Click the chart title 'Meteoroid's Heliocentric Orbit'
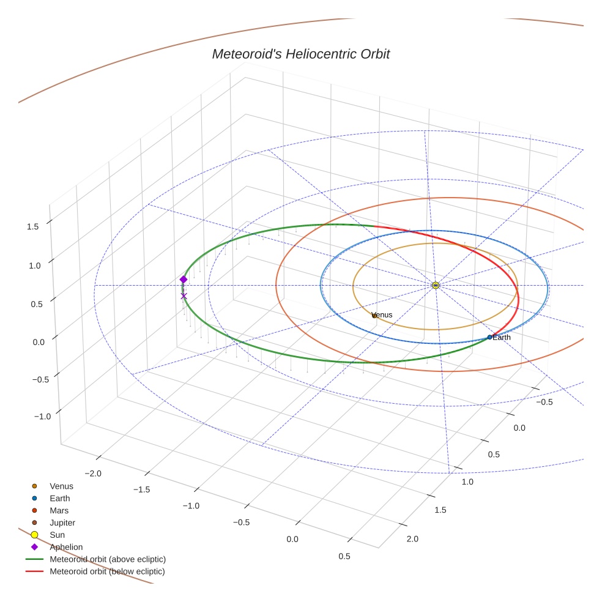[300, 54]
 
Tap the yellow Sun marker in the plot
[435, 285]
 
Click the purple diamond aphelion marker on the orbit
[184, 280]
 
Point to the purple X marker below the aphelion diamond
[184, 296]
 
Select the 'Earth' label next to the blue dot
[501, 337]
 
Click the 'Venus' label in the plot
[382, 315]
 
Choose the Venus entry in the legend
[61, 486]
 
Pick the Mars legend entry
[59, 510]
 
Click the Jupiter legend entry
[62, 522]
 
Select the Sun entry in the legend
[57, 535]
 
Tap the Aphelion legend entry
[66, 547]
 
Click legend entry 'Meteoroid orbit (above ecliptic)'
[108, 559]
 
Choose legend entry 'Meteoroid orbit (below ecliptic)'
[108, 571]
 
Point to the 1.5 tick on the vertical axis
[33, 226]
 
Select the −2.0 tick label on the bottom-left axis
[92, 473]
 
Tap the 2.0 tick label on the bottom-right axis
[413, 539]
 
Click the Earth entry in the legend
[60, 499]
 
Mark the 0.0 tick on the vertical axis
[39, 341]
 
